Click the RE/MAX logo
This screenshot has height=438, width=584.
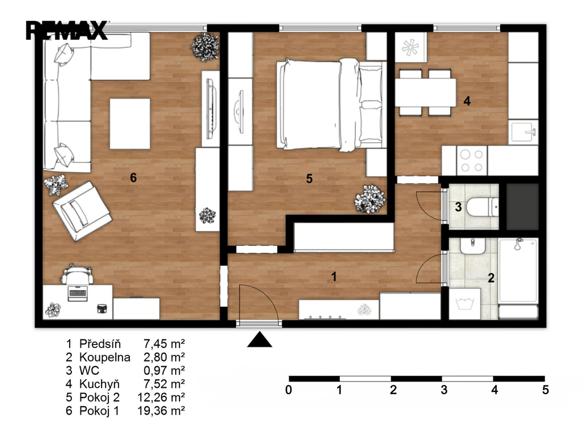pyautogui.click(x=67, y=30)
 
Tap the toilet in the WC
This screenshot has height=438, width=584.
pyautogui.click(x=482, y=207)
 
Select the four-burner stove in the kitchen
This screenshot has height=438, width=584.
pyautogui.click(x=472, y=160)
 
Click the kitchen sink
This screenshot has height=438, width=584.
pyautogui.click(x=524, y=132)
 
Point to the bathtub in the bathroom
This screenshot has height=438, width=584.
pyautogui.click(x=518, y=270)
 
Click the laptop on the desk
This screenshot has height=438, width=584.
pyautogui.click(x=78, y=293)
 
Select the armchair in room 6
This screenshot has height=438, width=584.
pyautogui.click(x=82, y=211)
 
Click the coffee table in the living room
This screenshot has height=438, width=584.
pyautogui.click(x=130, y=124)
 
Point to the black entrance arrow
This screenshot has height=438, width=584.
pyautogui.click(x=259, y=339)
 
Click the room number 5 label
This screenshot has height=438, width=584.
pyautogui.click(x=309, y=179)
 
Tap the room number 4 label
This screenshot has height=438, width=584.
pyautogui.click(x=467, y=101)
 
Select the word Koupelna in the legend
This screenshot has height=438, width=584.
pyautogui.click(x=105, y=357)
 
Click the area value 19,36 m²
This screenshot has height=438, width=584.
pyautogui.click(x=161, y=411)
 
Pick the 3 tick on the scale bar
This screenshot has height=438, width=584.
pyautogui.click(x=444, y=390)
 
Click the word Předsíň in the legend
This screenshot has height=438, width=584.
pyautogui.click(x=100, y=343)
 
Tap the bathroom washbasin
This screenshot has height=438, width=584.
pyautogui.click(x=473, y=246)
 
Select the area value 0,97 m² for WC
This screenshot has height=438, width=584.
pyautogui.click(x=164, y=371)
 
